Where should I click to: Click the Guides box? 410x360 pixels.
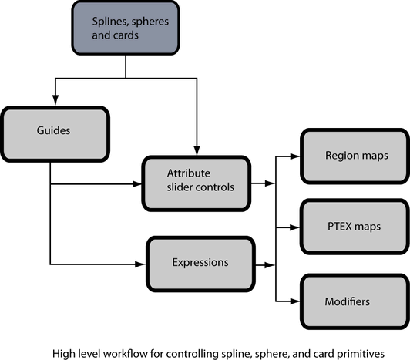55,134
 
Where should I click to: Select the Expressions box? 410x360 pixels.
200,264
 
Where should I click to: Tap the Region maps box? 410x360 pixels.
355,156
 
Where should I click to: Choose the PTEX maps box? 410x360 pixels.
355,227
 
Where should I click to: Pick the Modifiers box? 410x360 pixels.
355,301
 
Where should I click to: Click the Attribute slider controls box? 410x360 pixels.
197,183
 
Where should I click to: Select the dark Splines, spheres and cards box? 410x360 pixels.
126,28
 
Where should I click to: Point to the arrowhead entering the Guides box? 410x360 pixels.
55,100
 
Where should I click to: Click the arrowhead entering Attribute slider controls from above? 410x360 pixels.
197,150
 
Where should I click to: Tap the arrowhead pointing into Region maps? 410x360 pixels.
295,156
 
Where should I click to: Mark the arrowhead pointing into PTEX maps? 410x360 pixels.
295,227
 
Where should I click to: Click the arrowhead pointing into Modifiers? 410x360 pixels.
295,301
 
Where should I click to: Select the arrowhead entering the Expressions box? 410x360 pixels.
140,264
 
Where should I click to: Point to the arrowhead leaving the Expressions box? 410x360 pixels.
270,264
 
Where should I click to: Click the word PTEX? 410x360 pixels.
340,227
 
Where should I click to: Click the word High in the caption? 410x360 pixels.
62,355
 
